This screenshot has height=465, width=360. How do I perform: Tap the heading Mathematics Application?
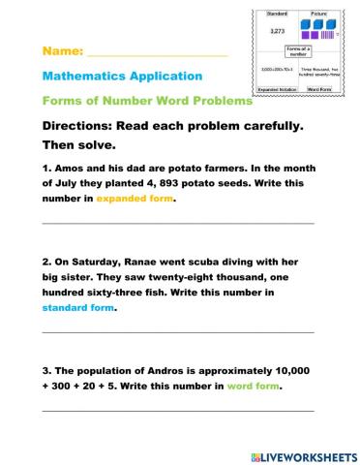point(122,76)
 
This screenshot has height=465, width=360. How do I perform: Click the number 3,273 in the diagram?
point(277,31)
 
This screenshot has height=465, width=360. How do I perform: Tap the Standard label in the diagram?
point(277,13)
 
